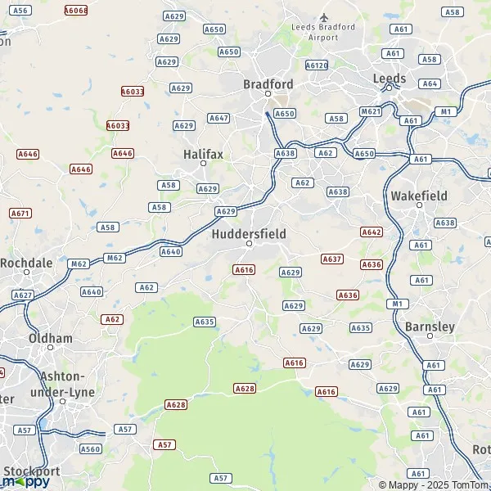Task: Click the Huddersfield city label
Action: coord(249,233)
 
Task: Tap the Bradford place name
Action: coord(268,83)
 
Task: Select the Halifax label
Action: coord(203,154)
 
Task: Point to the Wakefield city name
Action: coord(419,196)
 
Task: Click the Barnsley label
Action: coord(430,327)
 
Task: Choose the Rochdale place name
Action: coord(26,263)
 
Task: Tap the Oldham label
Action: coord(50,338)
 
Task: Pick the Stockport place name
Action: coord(31,471)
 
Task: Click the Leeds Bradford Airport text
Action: coord(324,32)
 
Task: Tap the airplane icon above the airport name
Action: coord(324,16)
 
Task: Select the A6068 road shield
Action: coord(75,11)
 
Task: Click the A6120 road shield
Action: coord(316,65)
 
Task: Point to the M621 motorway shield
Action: coord(370,111)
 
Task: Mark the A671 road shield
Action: coord(20,213)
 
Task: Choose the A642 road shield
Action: coord(372,232)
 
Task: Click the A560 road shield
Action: coord(90,448)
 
